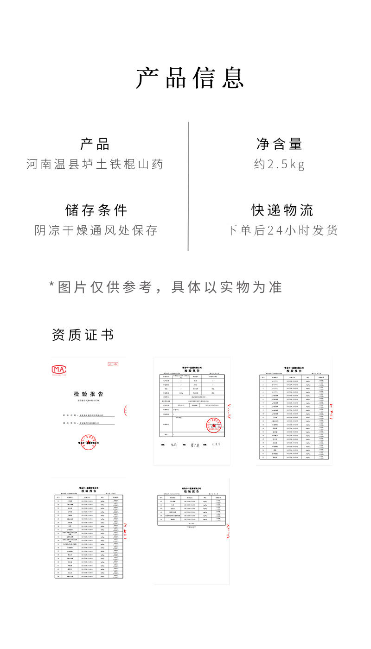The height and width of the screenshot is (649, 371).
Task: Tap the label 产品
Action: [95, 144]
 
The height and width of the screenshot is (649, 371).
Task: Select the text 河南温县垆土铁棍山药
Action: [95, 165]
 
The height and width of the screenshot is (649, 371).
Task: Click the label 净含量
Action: [280, 144]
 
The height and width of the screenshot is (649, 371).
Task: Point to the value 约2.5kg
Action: [280, 165]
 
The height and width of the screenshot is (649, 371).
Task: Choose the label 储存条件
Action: [96, 210]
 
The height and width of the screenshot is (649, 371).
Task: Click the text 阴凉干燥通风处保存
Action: [96, 230]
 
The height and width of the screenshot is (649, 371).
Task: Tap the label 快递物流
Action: [282, 210]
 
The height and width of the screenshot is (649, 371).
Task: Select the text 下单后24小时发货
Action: [282, 230]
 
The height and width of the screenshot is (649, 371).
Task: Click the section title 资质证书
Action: [83, 335]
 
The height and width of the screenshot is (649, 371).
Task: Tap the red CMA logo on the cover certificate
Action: [59, 369]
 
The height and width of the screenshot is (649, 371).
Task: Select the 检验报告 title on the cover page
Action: [88, 394]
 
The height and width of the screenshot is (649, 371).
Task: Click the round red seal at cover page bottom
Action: [88, 442]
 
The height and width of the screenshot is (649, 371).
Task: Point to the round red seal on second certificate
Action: [213, 425]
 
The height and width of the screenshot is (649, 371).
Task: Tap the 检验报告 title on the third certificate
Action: [294, 371]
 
